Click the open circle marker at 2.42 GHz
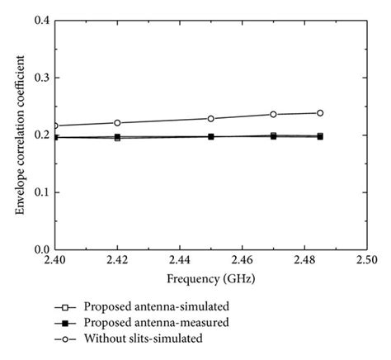tap(117, 123)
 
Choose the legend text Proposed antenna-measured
tap(149, 322)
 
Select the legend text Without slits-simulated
tap(141, 338)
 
